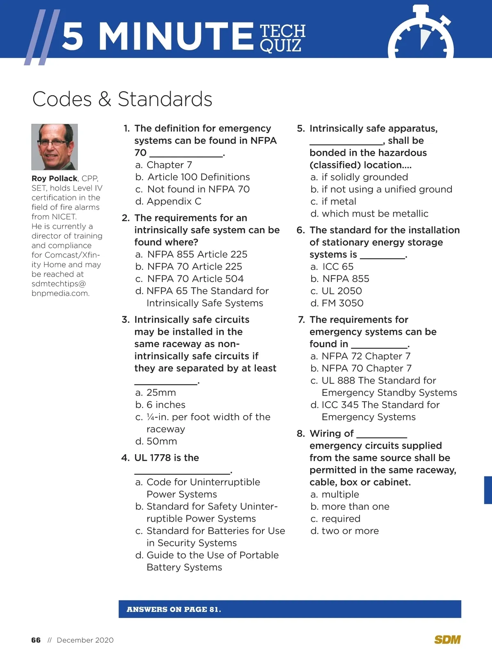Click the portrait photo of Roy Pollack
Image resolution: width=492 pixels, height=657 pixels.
click(x=55, y=147)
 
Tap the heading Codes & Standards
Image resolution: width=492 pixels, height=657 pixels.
click(x=122, y=99)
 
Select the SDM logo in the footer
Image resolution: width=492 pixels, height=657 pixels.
click(x=447, y=640)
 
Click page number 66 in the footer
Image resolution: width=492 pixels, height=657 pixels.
click(x=36, y=640)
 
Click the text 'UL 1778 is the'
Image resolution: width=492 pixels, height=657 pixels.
click(x=166, y=457)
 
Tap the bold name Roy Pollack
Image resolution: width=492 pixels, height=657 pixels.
click(x=55, y=178)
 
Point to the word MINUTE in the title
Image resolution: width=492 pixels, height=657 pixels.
click(x=176, y=36)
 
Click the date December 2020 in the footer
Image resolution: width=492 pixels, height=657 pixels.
click(x=85, y=640)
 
